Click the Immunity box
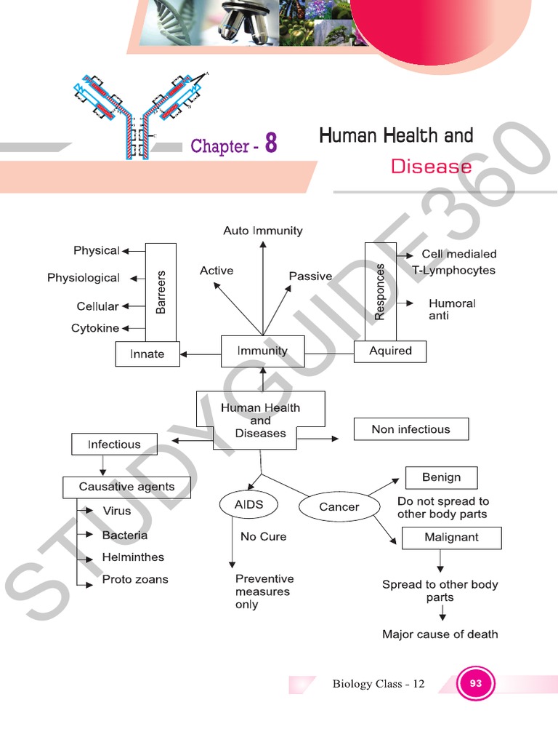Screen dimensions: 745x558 coord(263,351)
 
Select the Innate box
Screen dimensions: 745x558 coord(147,354)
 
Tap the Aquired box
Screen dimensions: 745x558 coord(390,351)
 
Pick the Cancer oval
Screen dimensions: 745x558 coord(339,507)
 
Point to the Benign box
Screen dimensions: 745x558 coord(441,477)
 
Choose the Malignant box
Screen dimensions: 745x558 coord(451,538)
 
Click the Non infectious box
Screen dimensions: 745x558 coord(411,429)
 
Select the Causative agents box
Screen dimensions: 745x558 coord(126,487)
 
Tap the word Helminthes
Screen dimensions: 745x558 coord(133,557)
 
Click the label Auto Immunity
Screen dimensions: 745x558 coord(263,231)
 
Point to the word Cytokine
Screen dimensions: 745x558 coord(95,329)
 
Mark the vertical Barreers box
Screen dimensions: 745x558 coord(161,292)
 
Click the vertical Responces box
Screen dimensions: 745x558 coord(379,291)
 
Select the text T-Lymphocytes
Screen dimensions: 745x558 coord(454,271)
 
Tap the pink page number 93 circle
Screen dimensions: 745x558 coord(476,684)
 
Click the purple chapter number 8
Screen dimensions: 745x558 coord(270,143)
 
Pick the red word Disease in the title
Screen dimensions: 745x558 coord(431,167)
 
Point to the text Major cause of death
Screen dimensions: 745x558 coord(440,634)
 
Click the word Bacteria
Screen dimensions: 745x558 coord(125,535)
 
